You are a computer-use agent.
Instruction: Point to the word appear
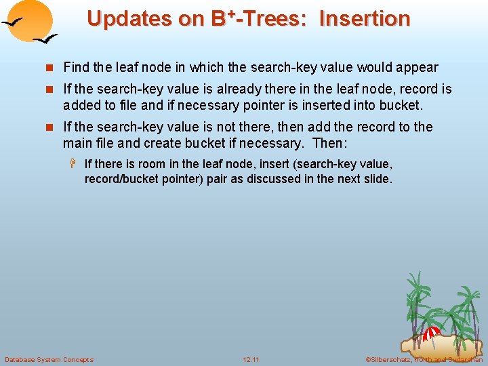pos(419,68)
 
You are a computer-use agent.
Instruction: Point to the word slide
pos(378,179)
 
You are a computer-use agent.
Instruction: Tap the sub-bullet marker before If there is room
pos(75,164)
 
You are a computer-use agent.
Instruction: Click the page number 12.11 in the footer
pos(251,359)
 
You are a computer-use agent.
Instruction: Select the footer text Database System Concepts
pos(49,359)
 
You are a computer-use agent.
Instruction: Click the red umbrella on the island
pos(432,332)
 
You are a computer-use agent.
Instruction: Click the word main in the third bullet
pos(76,143)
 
